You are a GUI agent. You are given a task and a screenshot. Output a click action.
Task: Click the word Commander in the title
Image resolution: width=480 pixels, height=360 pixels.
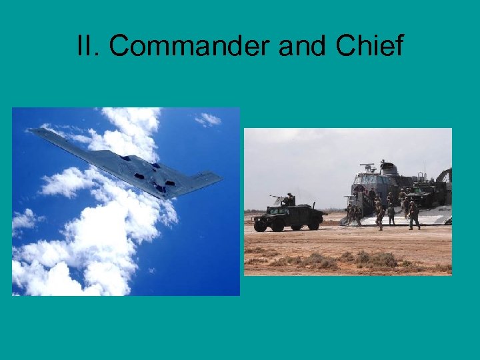coord(189,47)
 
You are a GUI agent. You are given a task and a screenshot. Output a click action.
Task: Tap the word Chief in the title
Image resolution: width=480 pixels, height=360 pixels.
coord(370,47)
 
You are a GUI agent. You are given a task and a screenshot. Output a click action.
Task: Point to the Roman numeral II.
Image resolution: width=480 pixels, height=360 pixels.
coord(87,47)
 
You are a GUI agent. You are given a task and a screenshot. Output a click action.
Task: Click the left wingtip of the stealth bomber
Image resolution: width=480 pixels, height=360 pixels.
coord(34,131)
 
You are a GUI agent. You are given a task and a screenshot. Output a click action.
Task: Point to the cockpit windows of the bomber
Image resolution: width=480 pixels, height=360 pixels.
coord(127,159)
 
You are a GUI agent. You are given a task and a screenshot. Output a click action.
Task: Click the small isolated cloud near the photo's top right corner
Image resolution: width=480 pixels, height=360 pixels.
coord(209,119)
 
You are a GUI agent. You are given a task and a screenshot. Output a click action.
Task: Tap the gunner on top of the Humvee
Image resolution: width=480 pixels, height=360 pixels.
coord(289,199)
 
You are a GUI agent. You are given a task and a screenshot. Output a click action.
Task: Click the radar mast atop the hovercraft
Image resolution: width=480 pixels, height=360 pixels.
coord(368,167)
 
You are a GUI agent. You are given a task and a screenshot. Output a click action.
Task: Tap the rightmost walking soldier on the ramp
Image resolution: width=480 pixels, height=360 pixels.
coord(414,215)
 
